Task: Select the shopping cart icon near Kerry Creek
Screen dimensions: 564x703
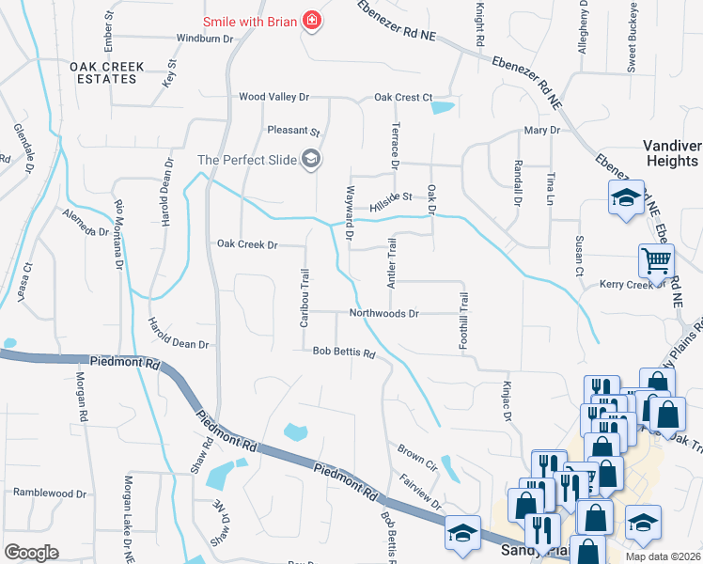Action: click(x=655, y=259)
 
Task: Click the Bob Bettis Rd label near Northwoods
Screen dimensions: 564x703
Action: click(x=344, y=354)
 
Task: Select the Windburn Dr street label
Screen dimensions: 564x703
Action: click(x=204, y=39)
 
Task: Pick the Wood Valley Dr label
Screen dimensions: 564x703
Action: click(x=273, y=97)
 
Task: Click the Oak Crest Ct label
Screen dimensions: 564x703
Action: click(x=402, y=97)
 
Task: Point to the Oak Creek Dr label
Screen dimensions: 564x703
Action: click(x=247, y=244)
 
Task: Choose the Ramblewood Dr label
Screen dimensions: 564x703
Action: click(x=49, y=493)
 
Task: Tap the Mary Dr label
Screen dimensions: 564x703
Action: click(x=541, y=131)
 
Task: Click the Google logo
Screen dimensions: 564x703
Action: click(x=31, y=552)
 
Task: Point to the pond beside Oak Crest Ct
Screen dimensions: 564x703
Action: click(x=442, y=107)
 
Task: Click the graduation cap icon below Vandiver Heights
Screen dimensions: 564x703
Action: click(x=624, y=198)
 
